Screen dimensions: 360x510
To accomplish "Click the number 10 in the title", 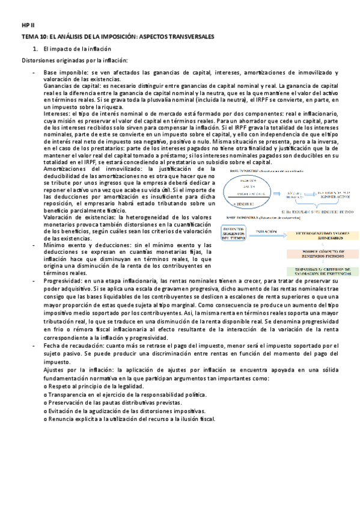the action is (43, 37).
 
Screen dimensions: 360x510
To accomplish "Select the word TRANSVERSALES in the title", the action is (185, 37).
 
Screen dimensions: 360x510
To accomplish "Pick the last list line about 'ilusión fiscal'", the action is (133, 419).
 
